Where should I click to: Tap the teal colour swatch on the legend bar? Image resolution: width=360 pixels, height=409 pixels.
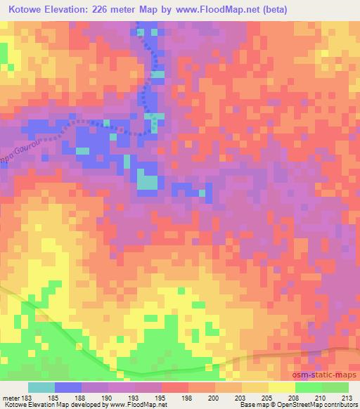coord(41,387)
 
